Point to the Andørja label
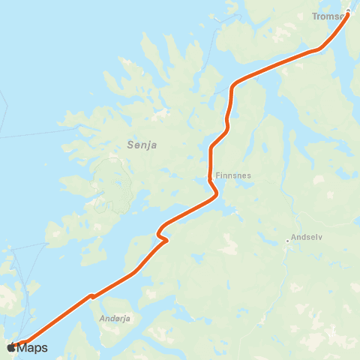[x=115, y=318]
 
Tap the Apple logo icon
[x=11, y=347]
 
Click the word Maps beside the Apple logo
[x=33, y=347]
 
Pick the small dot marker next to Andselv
[x=287, y=241]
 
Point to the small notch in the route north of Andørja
[x=91, y=296]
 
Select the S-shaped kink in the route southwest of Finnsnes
[x=162, y=235]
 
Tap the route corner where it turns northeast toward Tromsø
[x=234, y=85]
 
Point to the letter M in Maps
[x=23, y=347]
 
